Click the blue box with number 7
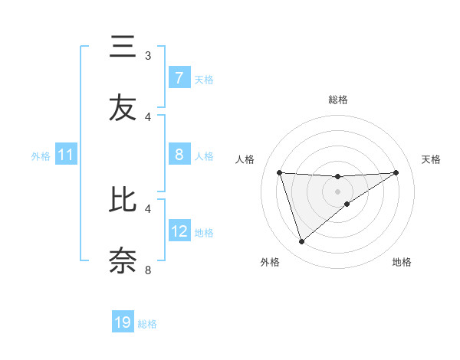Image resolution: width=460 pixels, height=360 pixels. click(179, 78)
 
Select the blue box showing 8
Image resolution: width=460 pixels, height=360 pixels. click(179, 155)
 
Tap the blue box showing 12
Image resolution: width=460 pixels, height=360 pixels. click(179, 231)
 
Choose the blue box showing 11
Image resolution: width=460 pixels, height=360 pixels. click(66, 155)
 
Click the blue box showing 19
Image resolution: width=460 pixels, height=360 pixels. click(123, 323)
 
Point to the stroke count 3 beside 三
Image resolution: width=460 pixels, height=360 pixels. click(148, 56)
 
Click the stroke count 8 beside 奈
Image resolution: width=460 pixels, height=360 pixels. click(148, 270)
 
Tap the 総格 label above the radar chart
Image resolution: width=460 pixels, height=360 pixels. click(337, 100)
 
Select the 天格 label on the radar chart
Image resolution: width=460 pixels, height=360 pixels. click(431, 159)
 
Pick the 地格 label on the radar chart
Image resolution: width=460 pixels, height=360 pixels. click(402, 263)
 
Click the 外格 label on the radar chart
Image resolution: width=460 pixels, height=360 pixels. click(270, 263)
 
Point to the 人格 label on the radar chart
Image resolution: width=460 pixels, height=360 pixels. click(245, 159)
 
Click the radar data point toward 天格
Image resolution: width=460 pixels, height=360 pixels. click(396, 172)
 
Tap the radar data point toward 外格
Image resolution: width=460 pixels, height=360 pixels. click(301, 242)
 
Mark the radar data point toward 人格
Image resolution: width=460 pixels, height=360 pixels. click(280, 172)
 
